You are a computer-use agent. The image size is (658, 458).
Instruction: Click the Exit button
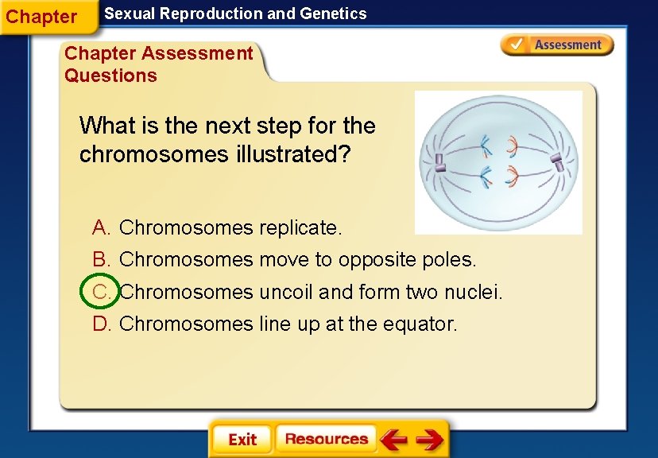click(242, 440)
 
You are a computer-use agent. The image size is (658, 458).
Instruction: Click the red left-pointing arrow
click(393, 439)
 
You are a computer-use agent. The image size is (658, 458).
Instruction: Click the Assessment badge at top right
click(557, 45)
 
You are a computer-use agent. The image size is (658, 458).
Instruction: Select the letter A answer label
click(101, 228)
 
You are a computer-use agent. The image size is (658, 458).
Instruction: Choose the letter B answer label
click(101, 260)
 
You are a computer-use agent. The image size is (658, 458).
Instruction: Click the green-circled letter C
click(101, 292)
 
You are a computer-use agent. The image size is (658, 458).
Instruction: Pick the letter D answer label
click(101, 324)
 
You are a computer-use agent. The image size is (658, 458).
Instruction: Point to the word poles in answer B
click(450, 260)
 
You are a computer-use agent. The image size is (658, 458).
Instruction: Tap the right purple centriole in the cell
click(559, 163)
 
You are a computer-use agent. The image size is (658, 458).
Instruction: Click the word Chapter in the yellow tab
click(41, 17)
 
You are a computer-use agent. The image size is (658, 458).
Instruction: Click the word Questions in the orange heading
click(110, 76)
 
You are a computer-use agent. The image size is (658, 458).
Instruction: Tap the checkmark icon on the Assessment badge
click(516, 45)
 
